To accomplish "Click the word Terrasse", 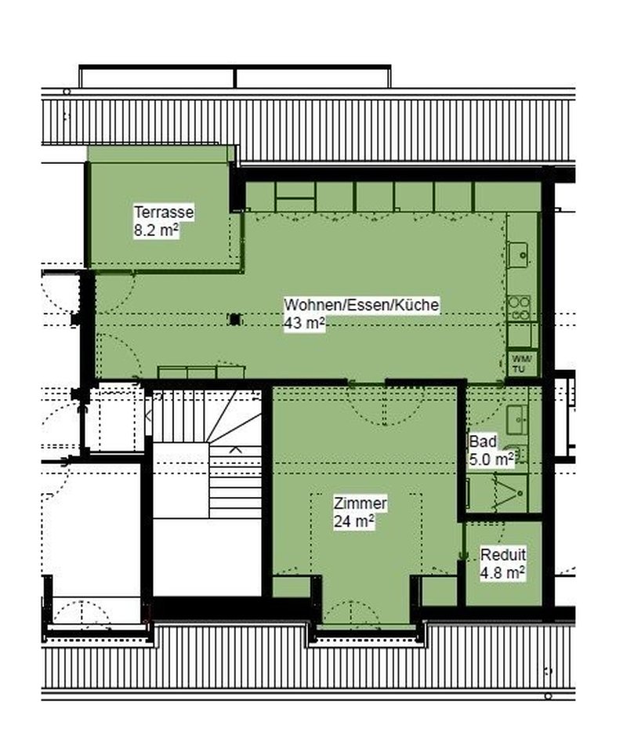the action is pyautogui.click(x=164, y=212).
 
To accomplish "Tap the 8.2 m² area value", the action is pyautogui.click(x=157, y=230).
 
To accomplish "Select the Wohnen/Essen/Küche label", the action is pyautogui.click(x=361, y=305).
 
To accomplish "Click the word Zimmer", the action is pyautogui.click(x=361, y=503).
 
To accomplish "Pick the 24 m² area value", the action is pyautogui.click(x=354, y=521).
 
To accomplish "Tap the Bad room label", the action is pyautogui.click(x=483, y=441).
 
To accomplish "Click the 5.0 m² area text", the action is pyautogui.click(x=492, y=459).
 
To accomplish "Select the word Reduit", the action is pyautogui.click(x=503, y=555).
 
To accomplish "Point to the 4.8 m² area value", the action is pyautogui.click(x=502, y=572).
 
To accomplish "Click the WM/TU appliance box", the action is pyautogui.click(x=522, y=364).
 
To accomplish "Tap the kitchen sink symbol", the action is pyautogui.click(x=518, y=255).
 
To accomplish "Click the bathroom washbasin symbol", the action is pyautogui.click(x=516, y=419).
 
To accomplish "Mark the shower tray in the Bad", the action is pyautogui.click(x=498, y=493).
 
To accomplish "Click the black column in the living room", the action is pyautogui.click(x=236, y=319).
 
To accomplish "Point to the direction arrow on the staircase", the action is pyautogui.click(x=235, y=450).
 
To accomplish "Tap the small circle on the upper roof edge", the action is pyautogui.click(x=67, y=92).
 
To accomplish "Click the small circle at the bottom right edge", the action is pyautogui.click(x=549, y=696).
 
